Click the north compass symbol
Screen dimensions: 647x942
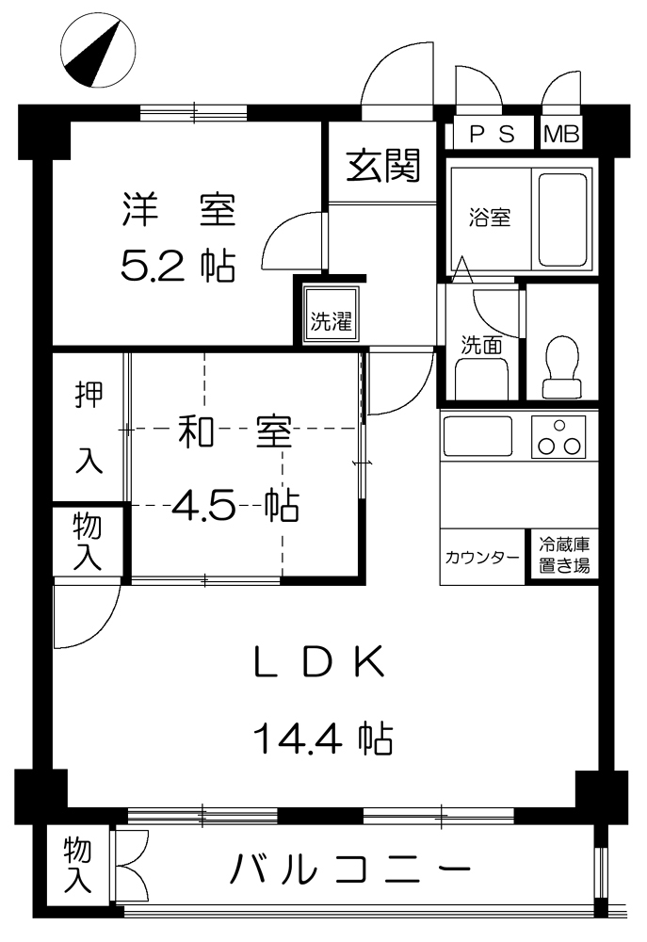(98, 51)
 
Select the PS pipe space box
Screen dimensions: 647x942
(493, 134)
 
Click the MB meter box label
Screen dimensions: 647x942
(562, 134)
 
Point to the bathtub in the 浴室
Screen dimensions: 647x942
(562, 219)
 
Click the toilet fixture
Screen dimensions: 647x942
(561, 367)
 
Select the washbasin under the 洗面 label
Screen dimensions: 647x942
(482, 379)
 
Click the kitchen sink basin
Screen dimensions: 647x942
(477, 436)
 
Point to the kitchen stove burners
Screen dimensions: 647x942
(558, 437)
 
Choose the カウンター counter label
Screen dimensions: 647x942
(482, 558)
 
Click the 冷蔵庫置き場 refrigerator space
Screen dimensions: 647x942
(563, 556)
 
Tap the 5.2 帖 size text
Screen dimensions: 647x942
(178, 266)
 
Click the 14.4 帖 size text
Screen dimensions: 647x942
(323, 739)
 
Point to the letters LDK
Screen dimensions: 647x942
(319, 661)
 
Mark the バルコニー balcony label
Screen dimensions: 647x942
(349, 869)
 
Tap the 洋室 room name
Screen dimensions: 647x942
(178, 209)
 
